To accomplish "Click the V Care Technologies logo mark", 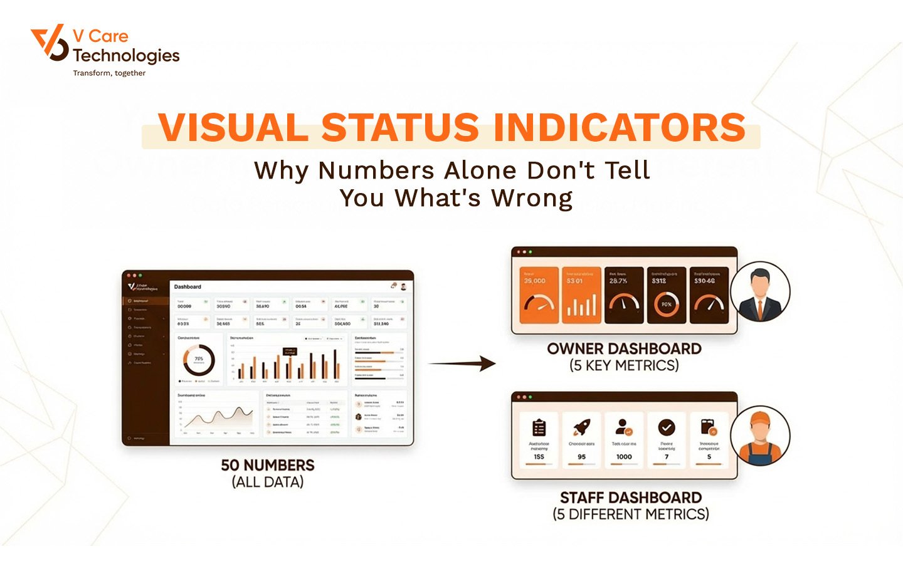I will pyautogui.click(x=50, y=43).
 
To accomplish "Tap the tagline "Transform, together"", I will pyautogui.click(x=109, y=73).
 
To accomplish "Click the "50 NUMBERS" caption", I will pyautogui.click(x=268, y=466).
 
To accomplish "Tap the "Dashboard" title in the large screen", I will pyautogui.click(x=187, y=287).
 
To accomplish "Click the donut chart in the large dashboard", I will pyautogui.click(x=199, y=360).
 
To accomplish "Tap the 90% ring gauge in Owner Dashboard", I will pyautogui.click(x=666, y=304).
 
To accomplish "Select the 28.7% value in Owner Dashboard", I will pyautogui.click(x=618, y=281).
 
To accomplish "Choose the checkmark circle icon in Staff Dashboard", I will pyautogui.click(x=666, y=427).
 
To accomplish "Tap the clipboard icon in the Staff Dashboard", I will pyautogui.click(x=539, y=428).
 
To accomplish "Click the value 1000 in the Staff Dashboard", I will pyautogui.click(x=624, y=457).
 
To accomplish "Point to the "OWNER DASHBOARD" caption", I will pyautogui.click(x=624, y=349).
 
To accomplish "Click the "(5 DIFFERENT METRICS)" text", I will pyautogui.click(x=631, y=514).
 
